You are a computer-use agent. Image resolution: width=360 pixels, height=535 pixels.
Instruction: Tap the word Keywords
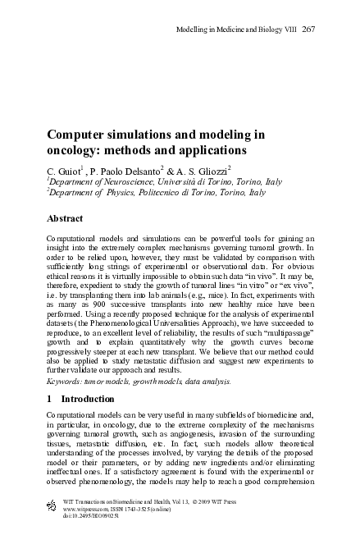(69, 381)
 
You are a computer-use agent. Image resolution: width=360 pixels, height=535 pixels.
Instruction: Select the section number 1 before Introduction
(50, 398)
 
